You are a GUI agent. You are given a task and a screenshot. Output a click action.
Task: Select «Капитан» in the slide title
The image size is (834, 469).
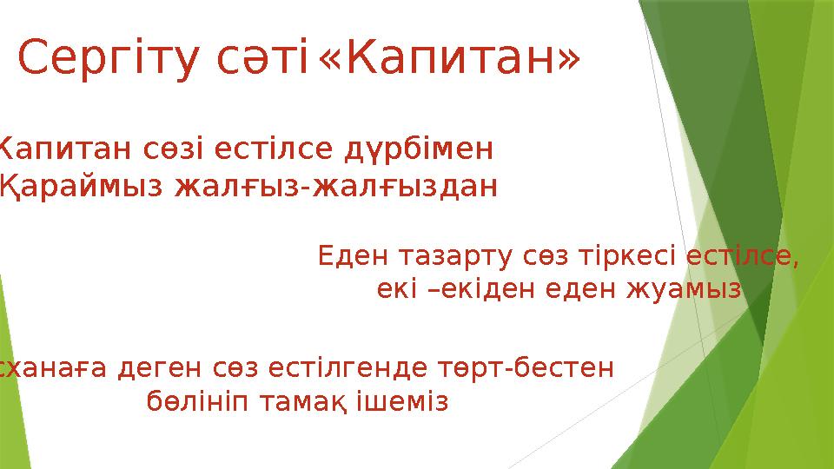pos(449,60)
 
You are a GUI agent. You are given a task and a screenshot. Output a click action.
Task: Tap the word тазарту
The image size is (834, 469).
pos(456,257)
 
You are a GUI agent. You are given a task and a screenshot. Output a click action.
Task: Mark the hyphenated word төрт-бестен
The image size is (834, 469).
pos(513,370)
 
